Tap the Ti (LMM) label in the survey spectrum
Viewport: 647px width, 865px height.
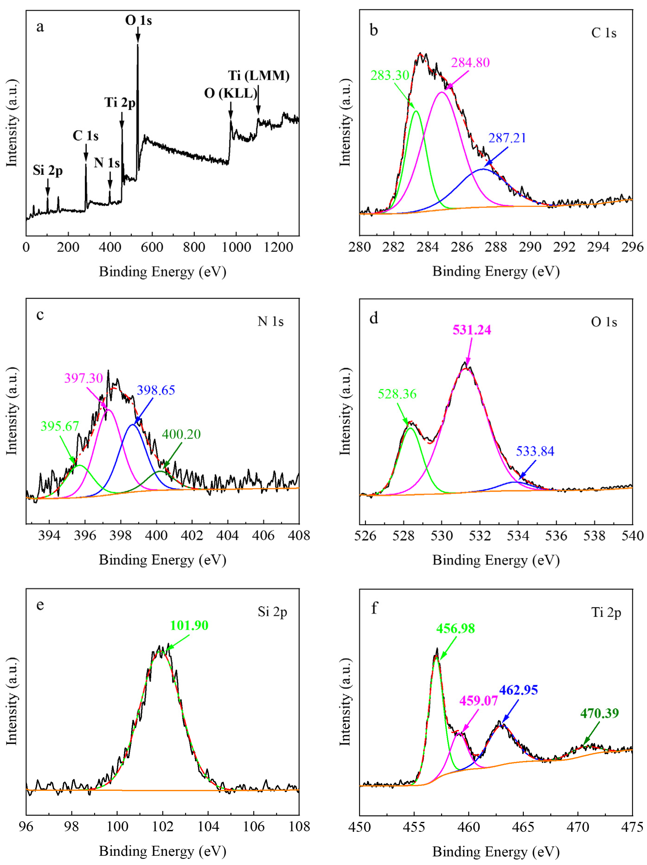[x=259, y=76]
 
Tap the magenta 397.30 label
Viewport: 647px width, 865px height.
[x=83, y=378]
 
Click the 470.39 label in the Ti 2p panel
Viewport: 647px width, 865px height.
[x=599, y=713]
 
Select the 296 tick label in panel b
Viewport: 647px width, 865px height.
[x=632, y=247]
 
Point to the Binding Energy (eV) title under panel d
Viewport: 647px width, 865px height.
[x=496, y=560]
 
